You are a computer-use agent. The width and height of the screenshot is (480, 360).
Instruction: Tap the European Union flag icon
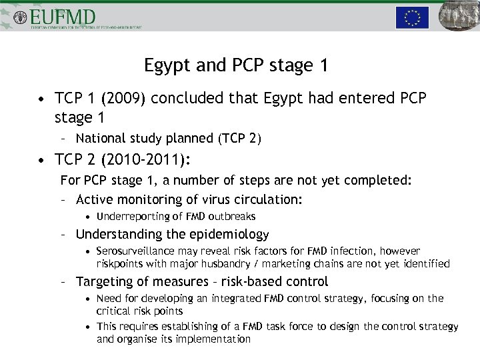click(x=412, y=17)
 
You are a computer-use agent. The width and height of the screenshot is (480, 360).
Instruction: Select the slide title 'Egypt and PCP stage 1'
click(x=236, y=65)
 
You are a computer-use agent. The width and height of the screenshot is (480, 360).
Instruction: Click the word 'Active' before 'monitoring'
click(x=95, y=199)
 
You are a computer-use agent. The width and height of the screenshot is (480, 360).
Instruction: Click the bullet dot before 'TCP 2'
click(x=42, y=160)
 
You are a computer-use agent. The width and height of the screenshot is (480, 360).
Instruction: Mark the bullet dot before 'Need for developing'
click(x=89, y=299)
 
